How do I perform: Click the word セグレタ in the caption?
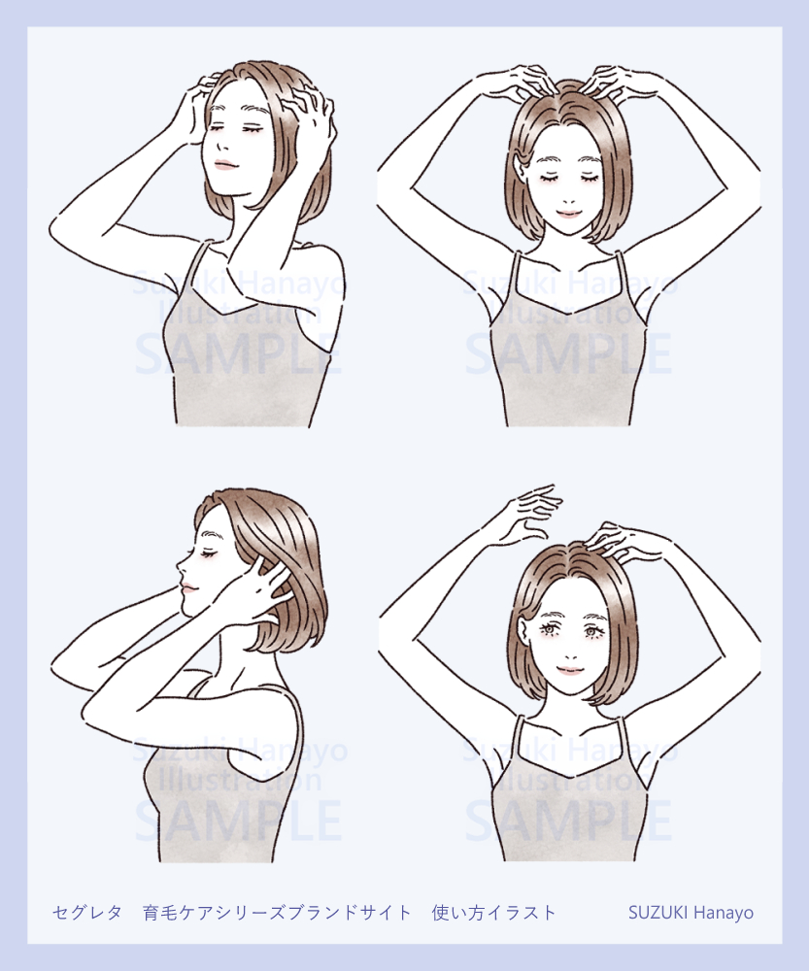[x=87, y=912]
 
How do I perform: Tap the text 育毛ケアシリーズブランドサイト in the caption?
[x=277, y=912]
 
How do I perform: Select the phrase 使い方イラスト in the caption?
[x=494, y=912]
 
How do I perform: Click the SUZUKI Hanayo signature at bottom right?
[x=691, y=912]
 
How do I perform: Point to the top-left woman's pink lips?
[x=225, y=165]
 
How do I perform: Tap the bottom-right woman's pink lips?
[x=570, y=670]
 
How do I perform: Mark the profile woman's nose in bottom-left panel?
[x=181, y=565]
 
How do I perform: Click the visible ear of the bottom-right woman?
[x=524, y=635]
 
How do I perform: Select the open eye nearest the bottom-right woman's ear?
[x=549, y=631]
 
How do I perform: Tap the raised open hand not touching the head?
[x=530, y=512]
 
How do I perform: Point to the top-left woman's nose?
[x=220, y=145]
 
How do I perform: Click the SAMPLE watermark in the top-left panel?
[x=239, y=353]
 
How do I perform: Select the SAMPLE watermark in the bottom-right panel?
[x=569, y=820]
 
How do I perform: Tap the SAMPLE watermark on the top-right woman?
[x=569, y=353]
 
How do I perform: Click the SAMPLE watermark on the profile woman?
[x=239, y=820]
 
